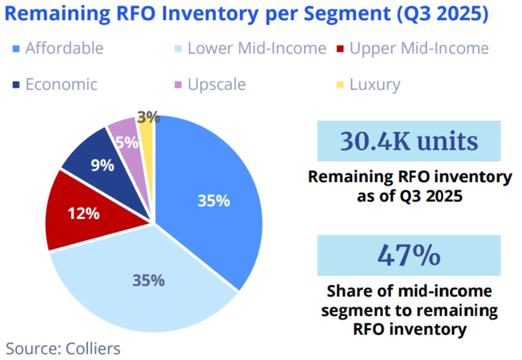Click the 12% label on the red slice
[x=84, y=214]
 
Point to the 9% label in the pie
[x=103, y=165]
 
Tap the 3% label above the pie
[x=147, y=117]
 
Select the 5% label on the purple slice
[x=127, y=143]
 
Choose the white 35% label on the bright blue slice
[x=213, y=201]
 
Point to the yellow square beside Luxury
[x=341, y=84]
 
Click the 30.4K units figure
[x=409, y=141]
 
